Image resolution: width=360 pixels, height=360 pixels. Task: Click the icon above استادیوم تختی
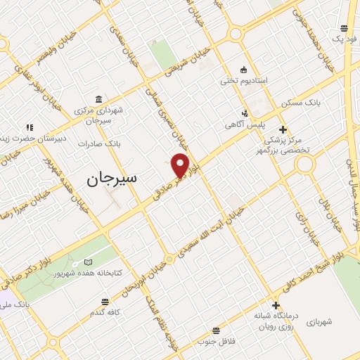[x=243, y=70]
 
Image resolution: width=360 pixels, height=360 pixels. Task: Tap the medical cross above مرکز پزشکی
[x=283, y=129]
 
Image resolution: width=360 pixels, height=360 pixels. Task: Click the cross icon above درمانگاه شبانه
[x=276, y=305]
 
